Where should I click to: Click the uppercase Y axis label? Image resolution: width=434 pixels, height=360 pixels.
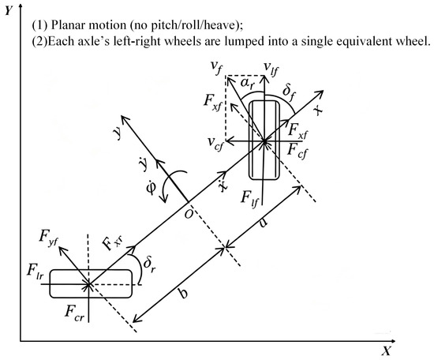[9, 10]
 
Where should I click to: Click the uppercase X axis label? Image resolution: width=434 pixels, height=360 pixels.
[386, 351]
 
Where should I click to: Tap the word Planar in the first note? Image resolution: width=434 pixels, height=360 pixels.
[65, 25]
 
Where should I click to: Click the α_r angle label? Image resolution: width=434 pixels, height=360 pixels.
[247, 84]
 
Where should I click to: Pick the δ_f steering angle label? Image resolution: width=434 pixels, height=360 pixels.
[289, 93]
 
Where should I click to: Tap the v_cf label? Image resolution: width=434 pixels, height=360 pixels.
[215, 143]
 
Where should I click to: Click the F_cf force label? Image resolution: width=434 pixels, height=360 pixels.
[297, 152]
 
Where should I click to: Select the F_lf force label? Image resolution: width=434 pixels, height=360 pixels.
[249, 199]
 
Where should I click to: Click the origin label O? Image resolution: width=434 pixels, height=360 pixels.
[189, 214]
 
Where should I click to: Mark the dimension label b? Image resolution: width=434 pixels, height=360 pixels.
[182, 293]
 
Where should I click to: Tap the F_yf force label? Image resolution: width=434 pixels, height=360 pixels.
[48, 238]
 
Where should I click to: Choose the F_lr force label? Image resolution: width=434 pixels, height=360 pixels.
[35, 271]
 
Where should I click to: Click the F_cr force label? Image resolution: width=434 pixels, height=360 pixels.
[74, 312]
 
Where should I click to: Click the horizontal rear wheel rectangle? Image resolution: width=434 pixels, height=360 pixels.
[91, 284]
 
